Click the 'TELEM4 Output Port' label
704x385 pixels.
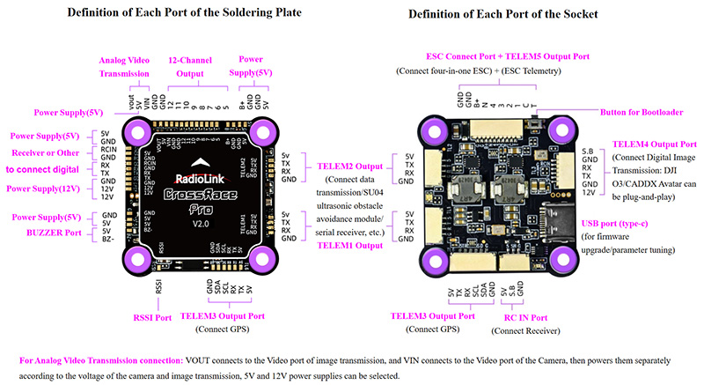tap(654, 143)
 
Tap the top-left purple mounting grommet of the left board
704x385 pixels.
tap(136, 133)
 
